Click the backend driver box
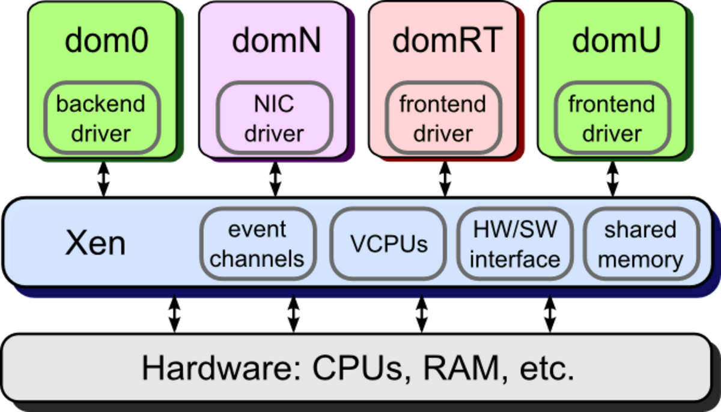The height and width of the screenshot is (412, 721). tap(101, 118)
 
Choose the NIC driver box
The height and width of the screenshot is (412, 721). tap(274, 118)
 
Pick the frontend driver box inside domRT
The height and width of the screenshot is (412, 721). tap(443, 118)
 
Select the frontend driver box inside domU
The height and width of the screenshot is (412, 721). tap(612, 118)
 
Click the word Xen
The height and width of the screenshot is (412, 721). tap(95, 244)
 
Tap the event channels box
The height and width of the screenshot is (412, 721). tap(257, 244)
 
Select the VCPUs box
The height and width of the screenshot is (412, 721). tap(389, 244)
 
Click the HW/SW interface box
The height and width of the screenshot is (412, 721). tap(515, 244)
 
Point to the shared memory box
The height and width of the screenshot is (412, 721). tap(640, 244)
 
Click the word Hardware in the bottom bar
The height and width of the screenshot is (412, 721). tap(219, 368)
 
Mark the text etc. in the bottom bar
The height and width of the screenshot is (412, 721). tap(546, 368)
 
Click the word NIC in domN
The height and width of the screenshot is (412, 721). tap(274, 104)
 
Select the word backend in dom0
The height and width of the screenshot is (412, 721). tap(101, 104)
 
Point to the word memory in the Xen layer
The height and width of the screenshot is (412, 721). tap(640, 260)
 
